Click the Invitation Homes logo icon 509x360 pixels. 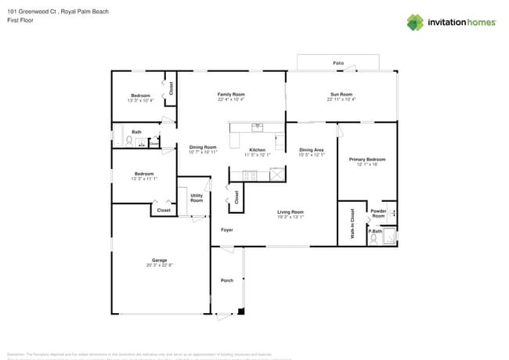click(415, 22)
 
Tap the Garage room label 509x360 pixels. click(159, 260)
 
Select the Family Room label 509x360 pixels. click(231, 94)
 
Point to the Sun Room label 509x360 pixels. click(341, 94)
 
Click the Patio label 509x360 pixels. click(338, 63)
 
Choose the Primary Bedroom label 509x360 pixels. click(366, 159)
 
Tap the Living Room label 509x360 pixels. click(291, 212)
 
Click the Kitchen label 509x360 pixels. click(257, 149)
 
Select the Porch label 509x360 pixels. click(226, 280)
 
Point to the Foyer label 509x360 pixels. click(226, 230)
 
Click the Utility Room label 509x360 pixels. click(197, 198)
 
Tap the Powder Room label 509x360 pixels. click(378, 212)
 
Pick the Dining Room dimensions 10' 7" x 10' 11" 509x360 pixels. click(203, 152)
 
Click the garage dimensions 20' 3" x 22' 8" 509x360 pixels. click(159, 265)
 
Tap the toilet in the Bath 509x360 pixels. click(129, 142)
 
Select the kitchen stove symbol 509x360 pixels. click(250, 176)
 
